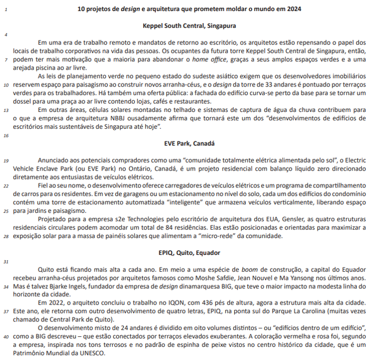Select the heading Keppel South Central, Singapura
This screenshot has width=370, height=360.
[189, 25]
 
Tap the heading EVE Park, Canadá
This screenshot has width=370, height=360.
[189, 143]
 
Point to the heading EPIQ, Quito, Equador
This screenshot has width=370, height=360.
[189, 253]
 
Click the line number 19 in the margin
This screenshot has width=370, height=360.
[5, 160]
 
